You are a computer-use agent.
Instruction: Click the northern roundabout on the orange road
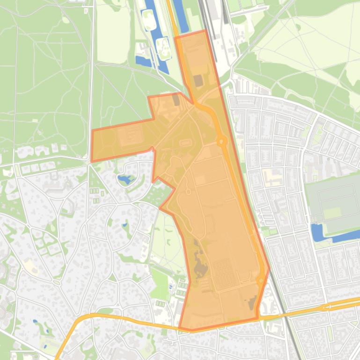point(221,141)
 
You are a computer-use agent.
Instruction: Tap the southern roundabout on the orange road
point(261,281)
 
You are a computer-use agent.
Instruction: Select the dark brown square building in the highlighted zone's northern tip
point(198,81)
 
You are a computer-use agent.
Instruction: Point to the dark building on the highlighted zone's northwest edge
point(176,99)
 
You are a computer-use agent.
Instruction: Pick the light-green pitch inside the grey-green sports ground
point(332,213)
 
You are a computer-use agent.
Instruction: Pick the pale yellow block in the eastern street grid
point(272,177)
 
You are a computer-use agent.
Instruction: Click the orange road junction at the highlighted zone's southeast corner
point(259,317)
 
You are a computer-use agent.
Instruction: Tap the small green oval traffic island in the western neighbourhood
point(57,282)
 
